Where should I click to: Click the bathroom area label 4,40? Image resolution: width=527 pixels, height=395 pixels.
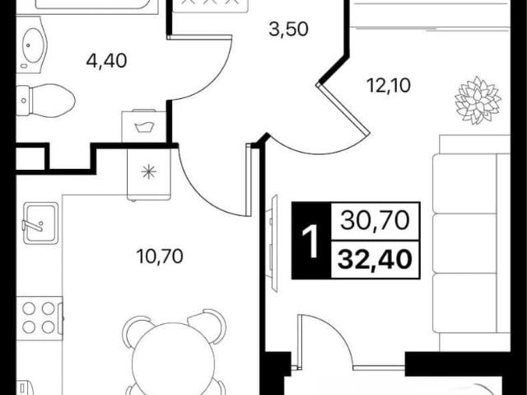pyautogui.click(x=106, y=62)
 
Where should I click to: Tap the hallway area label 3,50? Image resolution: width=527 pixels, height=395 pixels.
pyautogui.click(x=288, y=29)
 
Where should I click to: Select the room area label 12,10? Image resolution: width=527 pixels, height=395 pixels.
pyautogui.click(x=389, y=86)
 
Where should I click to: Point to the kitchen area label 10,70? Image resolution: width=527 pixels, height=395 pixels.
pyautogui.click(x=160, y=256)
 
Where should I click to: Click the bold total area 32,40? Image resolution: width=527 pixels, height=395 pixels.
pyautogui.click(x=375, y=260)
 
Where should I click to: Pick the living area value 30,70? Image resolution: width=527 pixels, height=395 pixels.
pyautogui.click(x=375, y=221)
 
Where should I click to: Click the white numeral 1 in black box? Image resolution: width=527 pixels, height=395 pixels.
pyautogui.click(x=310, y=241)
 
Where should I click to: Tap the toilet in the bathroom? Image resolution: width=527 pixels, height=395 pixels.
pyautogui.click(x=45, y=101)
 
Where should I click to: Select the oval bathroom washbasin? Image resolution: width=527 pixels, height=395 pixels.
pyautogui.click(x=33, y=45)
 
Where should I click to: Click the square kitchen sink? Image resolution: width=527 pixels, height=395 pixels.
pyautogui.click(x=40, y=223)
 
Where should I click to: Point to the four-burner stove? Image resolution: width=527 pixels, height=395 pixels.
pyautogui.click(x=40, y=317)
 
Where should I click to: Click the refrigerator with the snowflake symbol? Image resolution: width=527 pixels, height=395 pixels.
pyautogui.click(x=149, y=172)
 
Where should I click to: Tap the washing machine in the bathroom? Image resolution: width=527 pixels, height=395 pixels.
pyautogui.click(x=143, y=126)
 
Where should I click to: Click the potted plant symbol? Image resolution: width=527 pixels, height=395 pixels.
pyautogui.click(x=478, y=101)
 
